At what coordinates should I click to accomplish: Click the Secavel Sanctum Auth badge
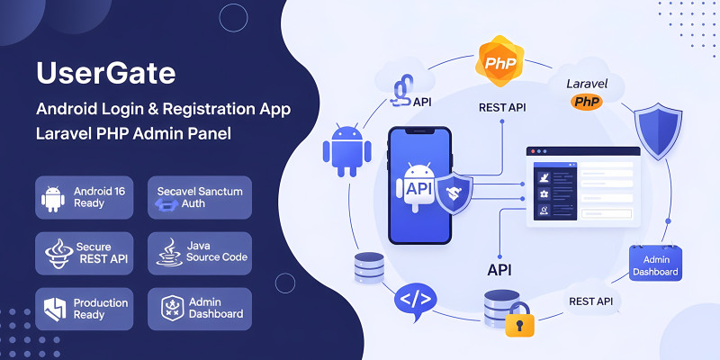pos(200,197)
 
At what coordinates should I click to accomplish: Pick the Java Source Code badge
pos(200,253)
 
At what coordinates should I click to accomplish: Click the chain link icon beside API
pos(402,89)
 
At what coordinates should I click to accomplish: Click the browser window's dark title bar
pos(582,151)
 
